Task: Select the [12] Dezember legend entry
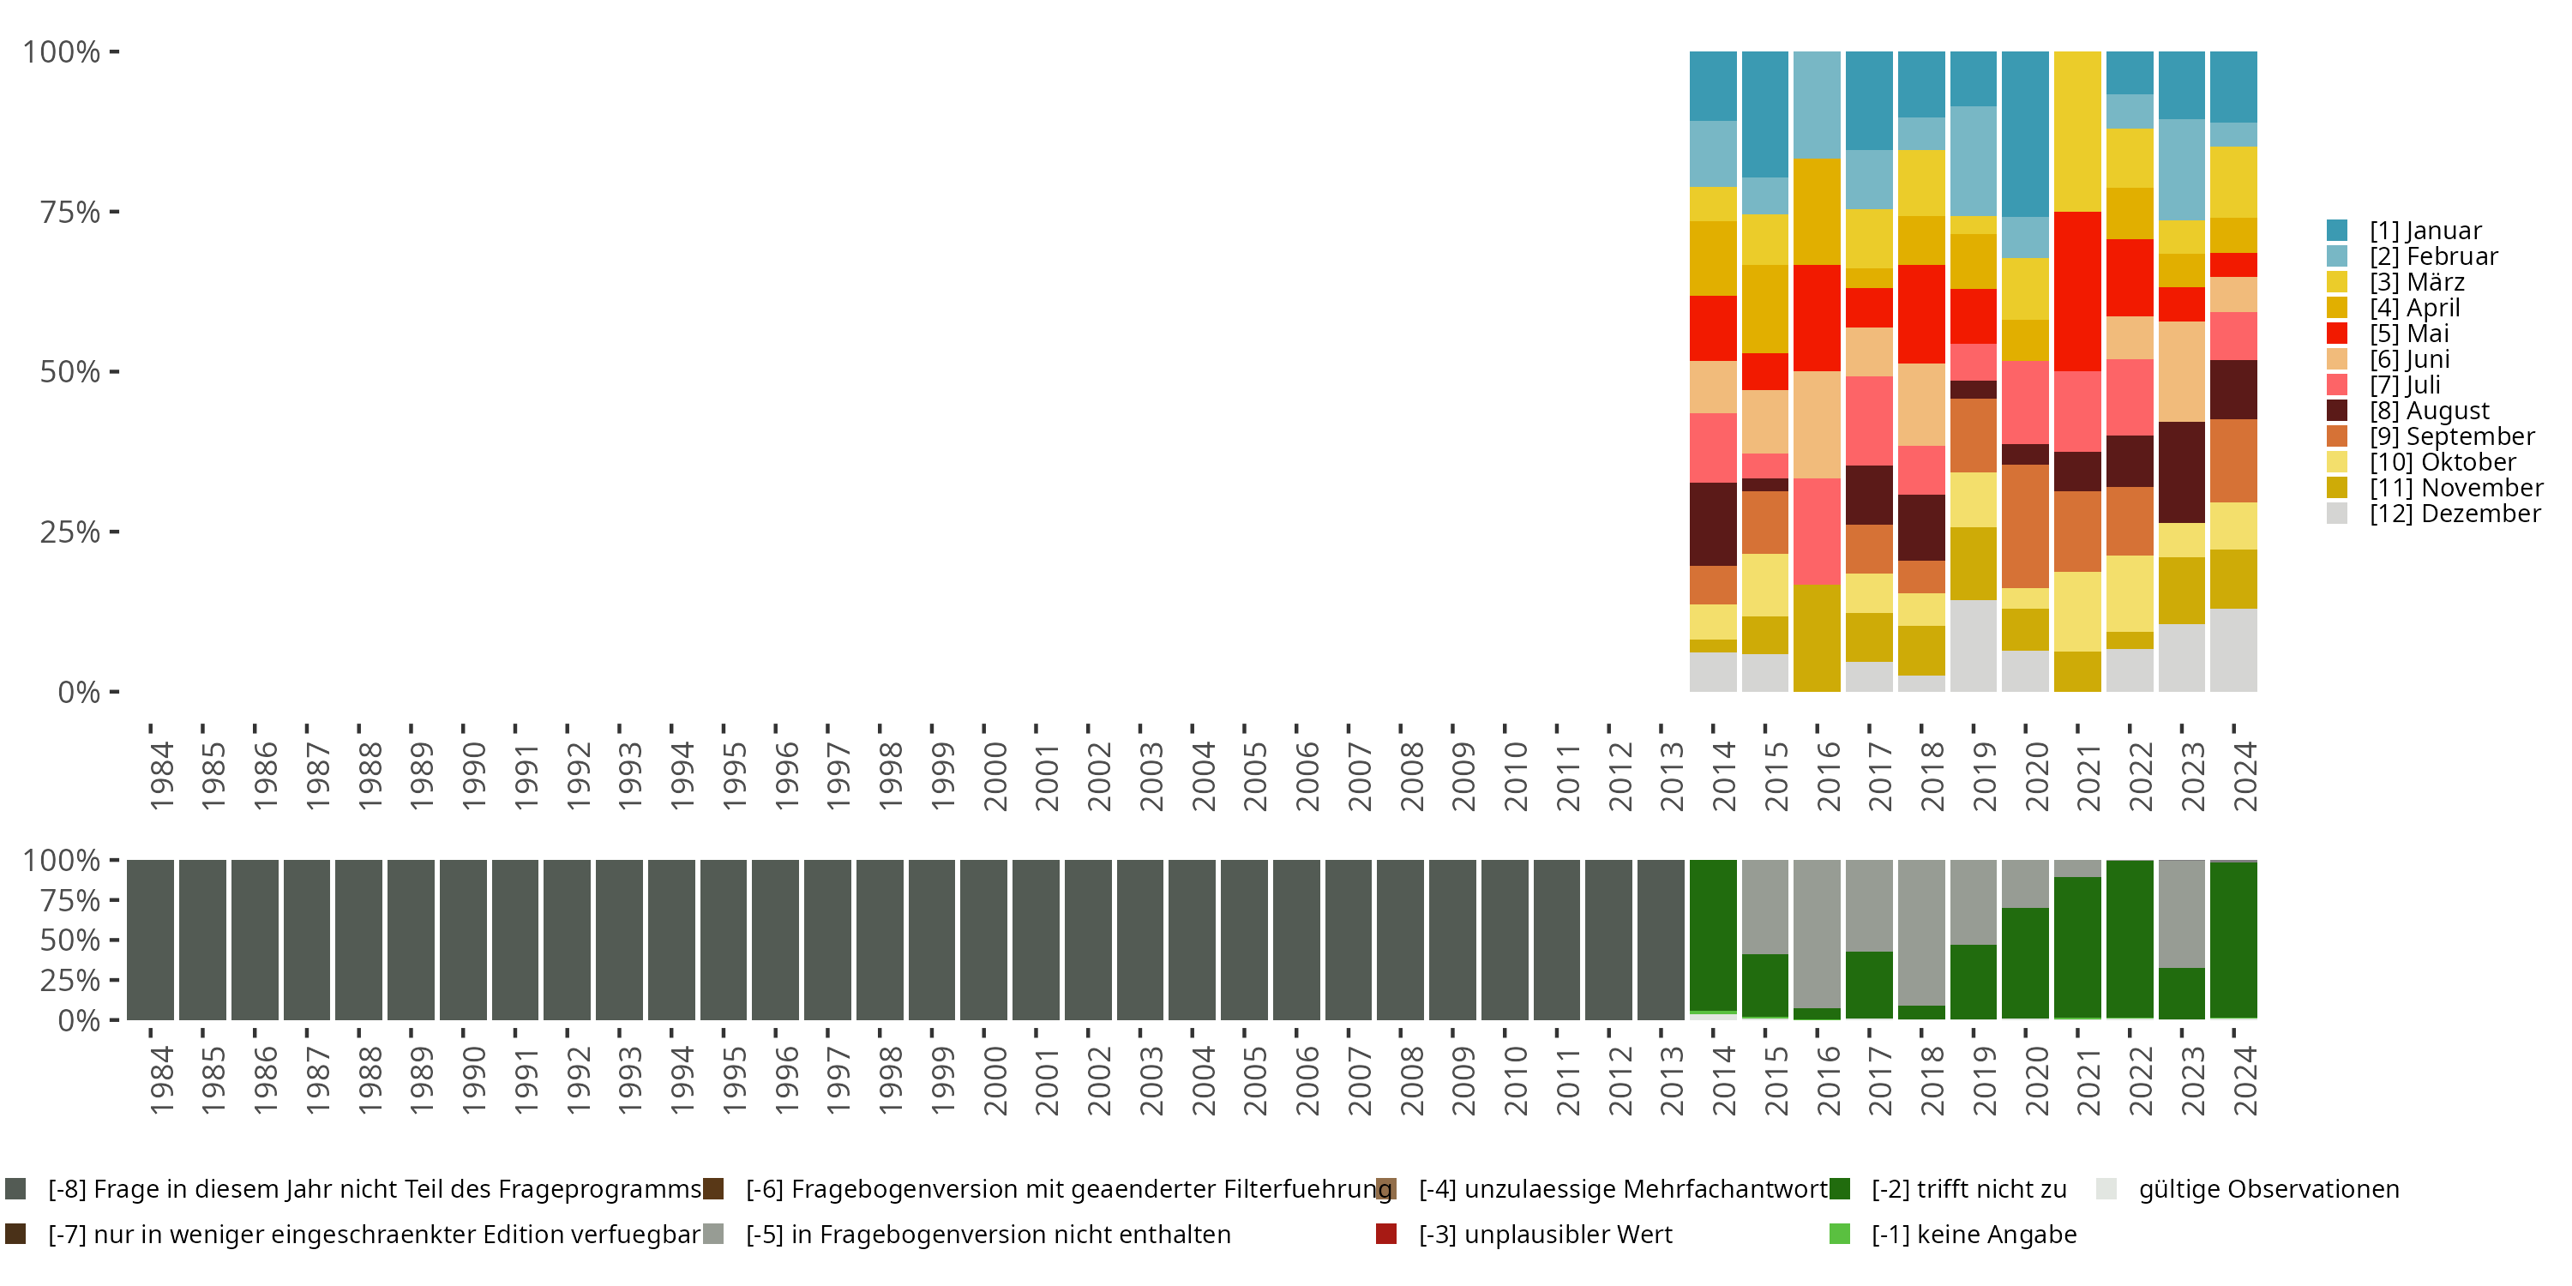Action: (2455, 514)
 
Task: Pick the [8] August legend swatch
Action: (2337, 411)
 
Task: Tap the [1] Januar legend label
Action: (2425, 231)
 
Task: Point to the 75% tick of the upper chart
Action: (70, 212)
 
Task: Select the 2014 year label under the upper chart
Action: (1724, 776)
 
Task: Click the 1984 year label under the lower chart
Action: (162, 1080)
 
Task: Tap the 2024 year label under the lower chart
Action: (2244, 1080)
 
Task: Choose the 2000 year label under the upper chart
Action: (995, 776)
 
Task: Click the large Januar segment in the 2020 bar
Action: (2025, 134)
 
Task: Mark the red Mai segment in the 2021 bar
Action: (2076, 291)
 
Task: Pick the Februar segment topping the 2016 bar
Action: (1816, 105)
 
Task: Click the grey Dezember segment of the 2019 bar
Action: (1973, 645)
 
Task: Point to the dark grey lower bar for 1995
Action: (723, 940)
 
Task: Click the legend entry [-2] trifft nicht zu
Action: (1968, 1189)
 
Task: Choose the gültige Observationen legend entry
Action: (2268, 1189)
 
